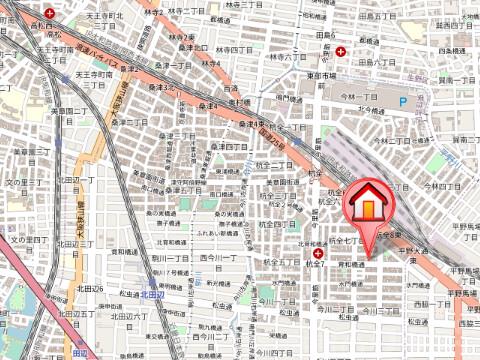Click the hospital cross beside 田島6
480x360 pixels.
coord(342,52)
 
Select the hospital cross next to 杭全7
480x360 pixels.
coord(304,254)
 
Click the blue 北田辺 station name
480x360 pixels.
coord(151,294)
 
